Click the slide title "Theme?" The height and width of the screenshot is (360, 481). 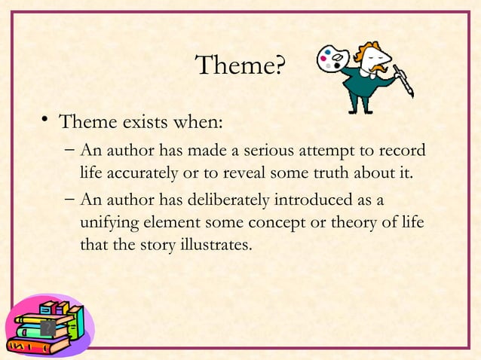pyautogui.click(x=240, y=66)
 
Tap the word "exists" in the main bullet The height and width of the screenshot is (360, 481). pyautogui.click(x=141, y=121)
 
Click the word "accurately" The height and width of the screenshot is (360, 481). pyautogui.click(x=142, y=175)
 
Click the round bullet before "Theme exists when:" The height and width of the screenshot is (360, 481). pyautogui.click(x=45, y=121)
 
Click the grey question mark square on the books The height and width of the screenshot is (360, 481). pyautogui.click(x=47, y=327)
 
